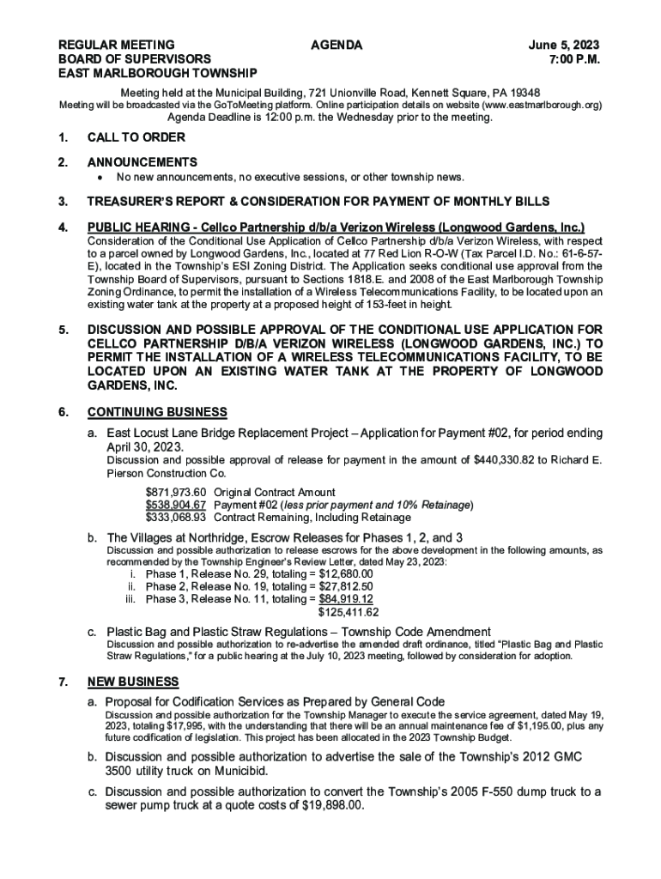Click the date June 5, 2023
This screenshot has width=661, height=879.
click(x=564, y=45)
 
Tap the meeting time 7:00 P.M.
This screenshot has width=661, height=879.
click(x=574, y=59)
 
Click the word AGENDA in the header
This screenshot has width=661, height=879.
click(x=337, y=45)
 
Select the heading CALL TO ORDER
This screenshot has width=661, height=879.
click(x=136, y=137)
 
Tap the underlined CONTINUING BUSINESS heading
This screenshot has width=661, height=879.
click(x=158, y=412)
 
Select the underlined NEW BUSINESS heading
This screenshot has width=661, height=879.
click(x=133, y=682)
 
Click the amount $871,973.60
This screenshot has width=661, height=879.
click(x=176, y=492)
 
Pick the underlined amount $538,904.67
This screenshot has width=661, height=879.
click(x=176, y=505)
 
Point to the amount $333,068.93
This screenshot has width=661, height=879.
click(x=176, y=518)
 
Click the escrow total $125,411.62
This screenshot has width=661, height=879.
click(x=349, y=612)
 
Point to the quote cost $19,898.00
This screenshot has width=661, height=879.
click(x=330, y=807)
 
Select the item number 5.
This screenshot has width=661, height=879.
click(x=63, y=330)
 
